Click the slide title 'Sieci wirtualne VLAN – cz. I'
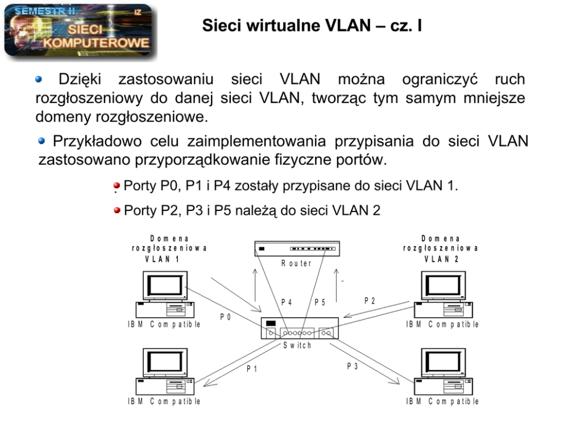coord(312,26)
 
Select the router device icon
coord(296,249)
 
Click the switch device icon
coord(300,329)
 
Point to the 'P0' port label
coord(226,317)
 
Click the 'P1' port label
coord(252,368)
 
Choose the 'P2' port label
coord(370,300)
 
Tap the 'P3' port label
coord(353,366)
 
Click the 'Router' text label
coord(296,264)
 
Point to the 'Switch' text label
coord(297,346)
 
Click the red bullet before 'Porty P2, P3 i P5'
coord(117,211)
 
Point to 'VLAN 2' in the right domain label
coord(441,258)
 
